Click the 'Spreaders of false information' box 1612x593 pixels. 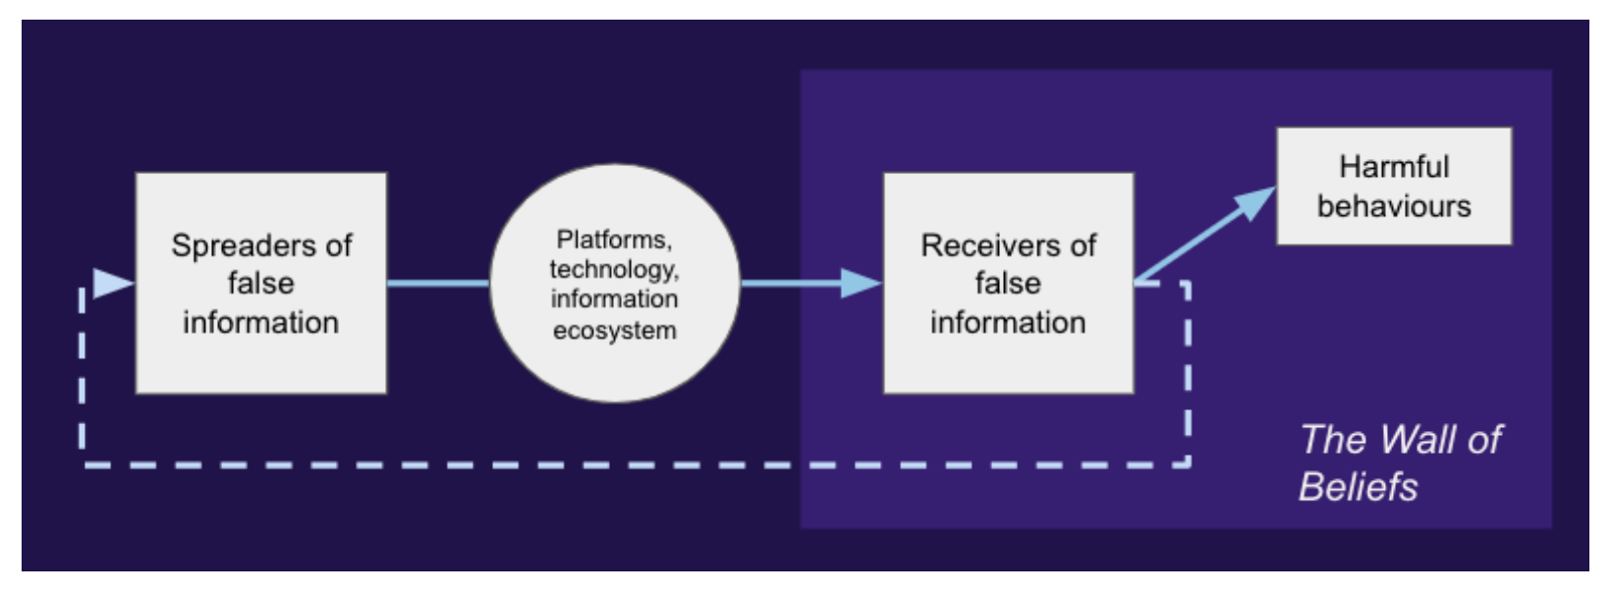[260, 283]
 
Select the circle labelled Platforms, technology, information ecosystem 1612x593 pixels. [614, 283]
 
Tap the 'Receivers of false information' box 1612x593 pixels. [1008, 283]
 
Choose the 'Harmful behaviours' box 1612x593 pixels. [1393, 186]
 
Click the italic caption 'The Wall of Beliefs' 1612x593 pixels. [1399, 462]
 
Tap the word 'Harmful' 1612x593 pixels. [1394, 166]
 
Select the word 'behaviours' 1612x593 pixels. [1394, 206]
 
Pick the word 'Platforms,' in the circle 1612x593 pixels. [614, 240]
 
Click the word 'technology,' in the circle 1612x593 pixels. [614, 269]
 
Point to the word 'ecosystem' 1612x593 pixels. [614, 330]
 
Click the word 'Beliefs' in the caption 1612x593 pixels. [1359, 486]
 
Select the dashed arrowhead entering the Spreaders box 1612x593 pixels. [112, 283]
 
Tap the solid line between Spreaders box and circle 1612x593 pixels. [437, 284]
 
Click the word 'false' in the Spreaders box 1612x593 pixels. [260, 283]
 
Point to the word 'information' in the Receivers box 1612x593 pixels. [1008, 322]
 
